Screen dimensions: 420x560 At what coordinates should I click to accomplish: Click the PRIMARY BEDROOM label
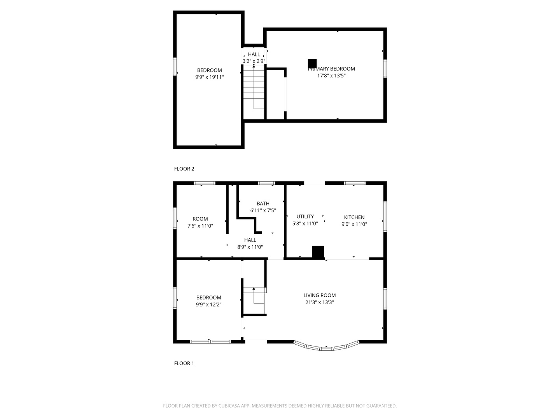pyautogui.click(x=331, y=69)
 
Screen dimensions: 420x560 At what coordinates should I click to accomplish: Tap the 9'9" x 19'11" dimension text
pyautogui.click(x=209, y=77)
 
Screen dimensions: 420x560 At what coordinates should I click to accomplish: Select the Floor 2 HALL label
pyautogui.click(x=254, y=54)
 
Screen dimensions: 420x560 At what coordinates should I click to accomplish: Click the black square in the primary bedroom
pyautogui.click(x=312, y=63)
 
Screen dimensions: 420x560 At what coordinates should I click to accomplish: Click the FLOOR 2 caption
pyautogui.click(x=184, y=169)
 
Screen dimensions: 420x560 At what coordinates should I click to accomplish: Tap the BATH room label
pyautogui.click(x=263, y=203)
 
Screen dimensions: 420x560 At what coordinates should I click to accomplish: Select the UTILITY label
pyautogui.click(x=305, y=217)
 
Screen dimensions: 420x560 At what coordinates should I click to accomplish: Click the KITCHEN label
pyautogui.click(x=354, y=217)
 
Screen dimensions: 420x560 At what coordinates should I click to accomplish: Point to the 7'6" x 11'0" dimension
pyautogui.click(x=200, y=226)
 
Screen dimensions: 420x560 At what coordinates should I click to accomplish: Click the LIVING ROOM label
pyautogui.click(x=320, y=295)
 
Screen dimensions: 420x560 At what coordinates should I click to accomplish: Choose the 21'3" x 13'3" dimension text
pyautogui.click(x=320, y=302)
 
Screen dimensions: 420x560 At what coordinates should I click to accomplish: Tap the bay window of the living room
pyautogui.click(x=326, y=347)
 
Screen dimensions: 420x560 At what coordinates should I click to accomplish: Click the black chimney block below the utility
pyautogui.click(x=318, y=252)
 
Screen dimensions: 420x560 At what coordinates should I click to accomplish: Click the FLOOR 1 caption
pyautogui.click(x=184, y=363)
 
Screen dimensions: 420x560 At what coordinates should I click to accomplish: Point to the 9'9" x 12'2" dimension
pyautogui.click(x=209, y=304)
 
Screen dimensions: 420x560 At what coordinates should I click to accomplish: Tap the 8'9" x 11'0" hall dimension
pyautogui.click(x=250, y=247)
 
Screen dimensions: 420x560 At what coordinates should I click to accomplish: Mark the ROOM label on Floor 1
pyautogui.click(x=200, y=219)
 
